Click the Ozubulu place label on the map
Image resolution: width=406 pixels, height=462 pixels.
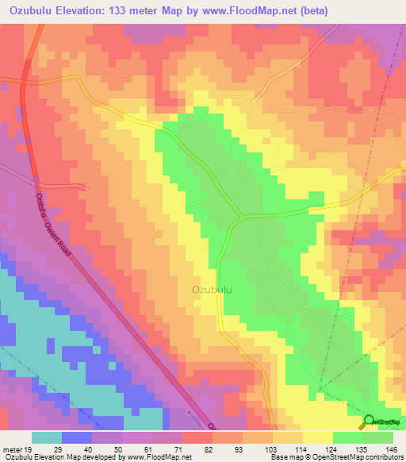pos(212,290)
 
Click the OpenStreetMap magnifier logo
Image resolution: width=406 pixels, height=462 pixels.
pos(370,422)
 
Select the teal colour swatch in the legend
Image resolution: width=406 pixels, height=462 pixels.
pos(46,437)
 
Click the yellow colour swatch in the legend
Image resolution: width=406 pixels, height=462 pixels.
pos(317,437)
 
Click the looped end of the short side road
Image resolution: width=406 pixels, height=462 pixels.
pos(86,188)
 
